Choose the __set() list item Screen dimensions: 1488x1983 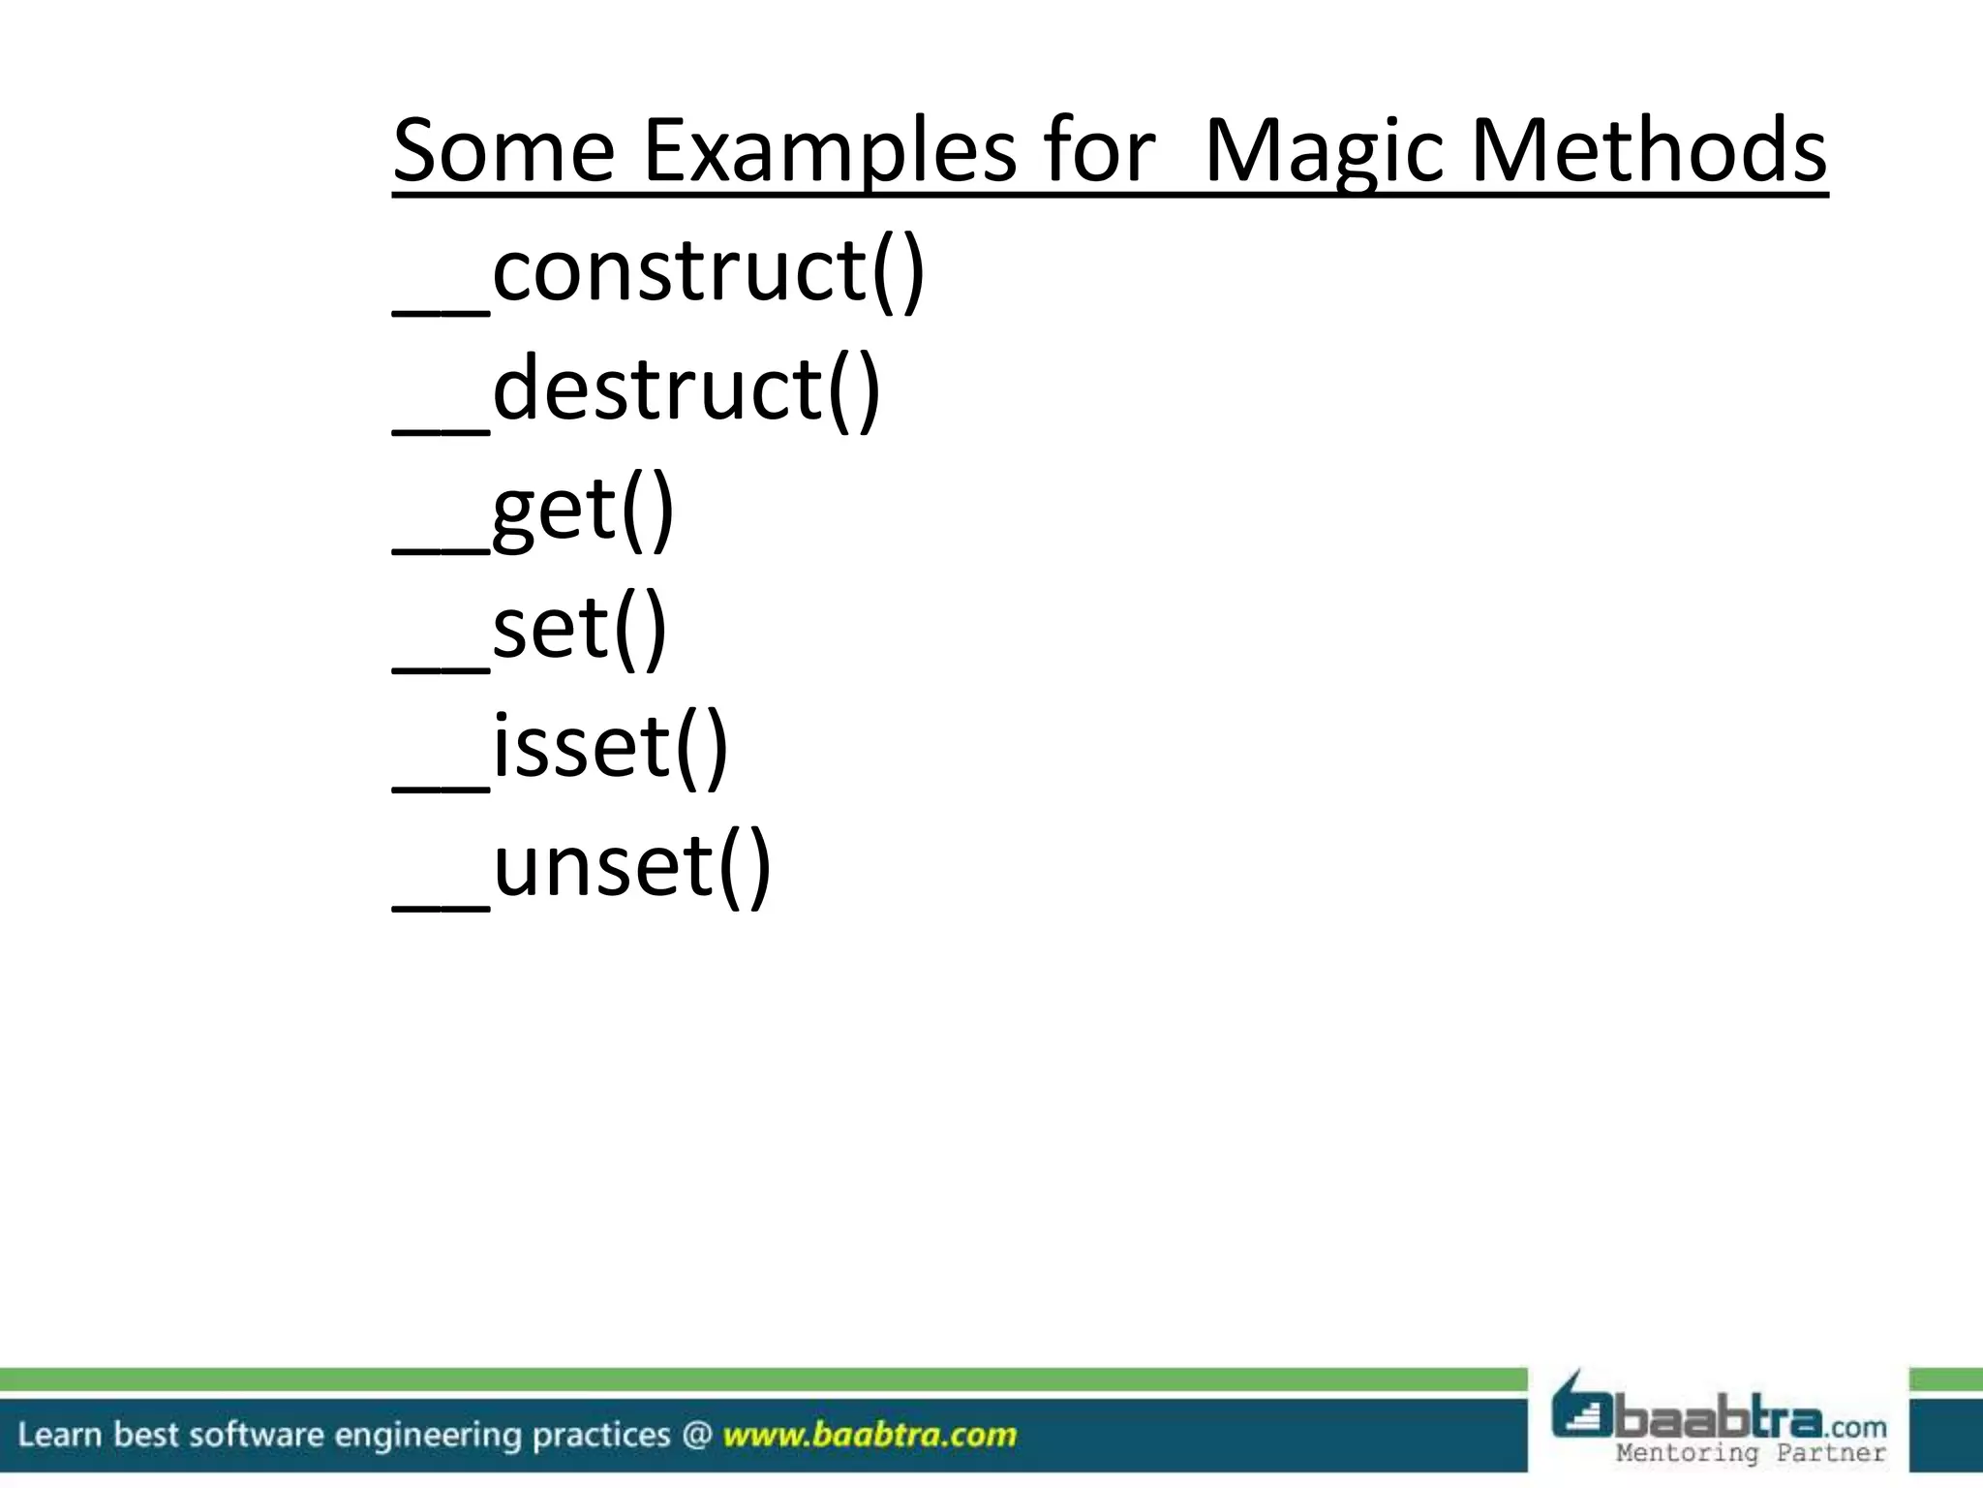point(530,629)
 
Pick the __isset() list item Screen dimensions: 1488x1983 point(560,748)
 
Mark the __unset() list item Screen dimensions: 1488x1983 point(582,867)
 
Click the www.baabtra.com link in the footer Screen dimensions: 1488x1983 point(869,1435)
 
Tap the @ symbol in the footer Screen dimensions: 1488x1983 point(696,1435)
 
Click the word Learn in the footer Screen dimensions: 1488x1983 point(59,1435)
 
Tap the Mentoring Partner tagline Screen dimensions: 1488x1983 point(1751,1453)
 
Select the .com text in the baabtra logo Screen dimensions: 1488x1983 point(1856,1427)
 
